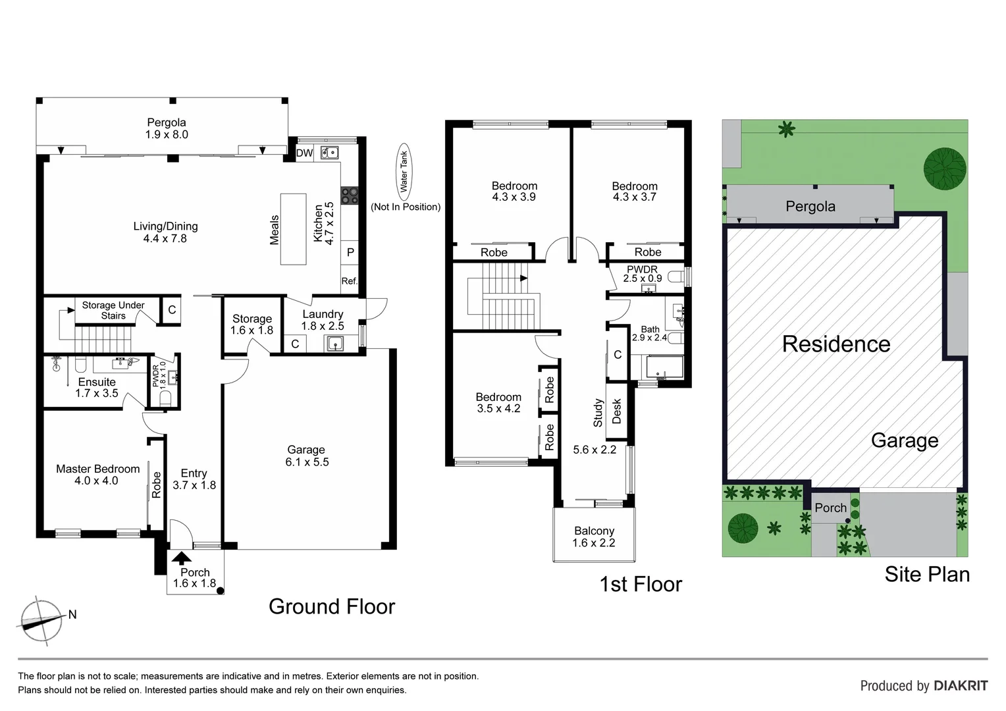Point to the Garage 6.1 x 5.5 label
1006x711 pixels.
307,456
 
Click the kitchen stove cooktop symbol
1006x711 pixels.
349,196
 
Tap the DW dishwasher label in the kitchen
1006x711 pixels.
304,153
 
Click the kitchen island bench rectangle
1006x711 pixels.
294,229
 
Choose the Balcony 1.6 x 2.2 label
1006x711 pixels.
594,537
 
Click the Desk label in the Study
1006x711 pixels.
617,411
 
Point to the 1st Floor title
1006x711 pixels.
640,584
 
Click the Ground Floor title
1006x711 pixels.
332,606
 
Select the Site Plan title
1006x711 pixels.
927,574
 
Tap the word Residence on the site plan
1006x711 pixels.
836,344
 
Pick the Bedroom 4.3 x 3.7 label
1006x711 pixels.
635,192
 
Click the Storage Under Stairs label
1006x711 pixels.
113,310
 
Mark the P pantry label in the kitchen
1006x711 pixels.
350,252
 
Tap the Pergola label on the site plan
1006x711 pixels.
810,206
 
